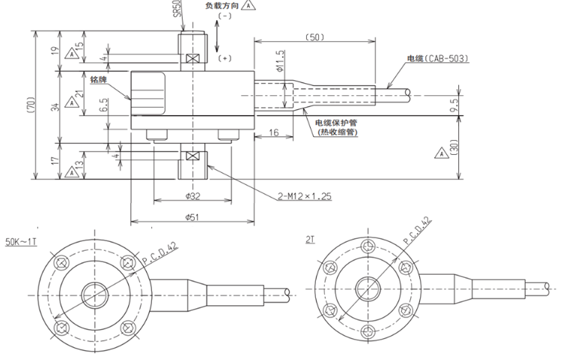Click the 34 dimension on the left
[64, 106]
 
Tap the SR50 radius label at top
[177, 10]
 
